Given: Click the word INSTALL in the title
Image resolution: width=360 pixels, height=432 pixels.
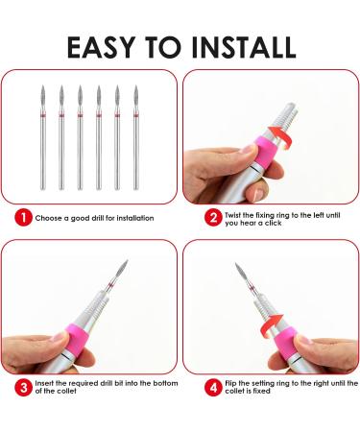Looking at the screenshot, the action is [x=244, y=47].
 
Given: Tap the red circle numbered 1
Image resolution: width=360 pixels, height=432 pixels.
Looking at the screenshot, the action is [x=23, y=218].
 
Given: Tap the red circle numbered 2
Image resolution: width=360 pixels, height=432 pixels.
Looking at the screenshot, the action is [x=213, y=218].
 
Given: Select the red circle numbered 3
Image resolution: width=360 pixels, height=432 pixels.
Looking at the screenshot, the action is [x=23, y=387].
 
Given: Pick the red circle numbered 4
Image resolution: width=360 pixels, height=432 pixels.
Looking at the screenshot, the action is [x=213, y=387].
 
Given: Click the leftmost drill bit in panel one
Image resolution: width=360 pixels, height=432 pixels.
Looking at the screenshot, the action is [x=43, y=137].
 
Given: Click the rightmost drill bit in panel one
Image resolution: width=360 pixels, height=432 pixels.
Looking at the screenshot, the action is [x=136, y=137].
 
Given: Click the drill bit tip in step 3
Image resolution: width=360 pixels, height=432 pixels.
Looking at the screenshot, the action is [x=127, y=260].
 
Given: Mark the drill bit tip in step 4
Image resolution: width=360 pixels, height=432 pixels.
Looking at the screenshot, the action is [x=236, y=264].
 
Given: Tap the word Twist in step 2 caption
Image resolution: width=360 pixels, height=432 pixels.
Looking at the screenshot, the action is [x=233, y=215].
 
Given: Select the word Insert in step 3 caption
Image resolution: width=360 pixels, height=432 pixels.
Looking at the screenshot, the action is [x=44, y=383].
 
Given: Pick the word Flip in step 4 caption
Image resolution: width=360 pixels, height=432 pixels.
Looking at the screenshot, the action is [x=230, y=383].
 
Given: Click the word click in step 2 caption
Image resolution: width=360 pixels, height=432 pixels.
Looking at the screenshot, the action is [x=273, y=223].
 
